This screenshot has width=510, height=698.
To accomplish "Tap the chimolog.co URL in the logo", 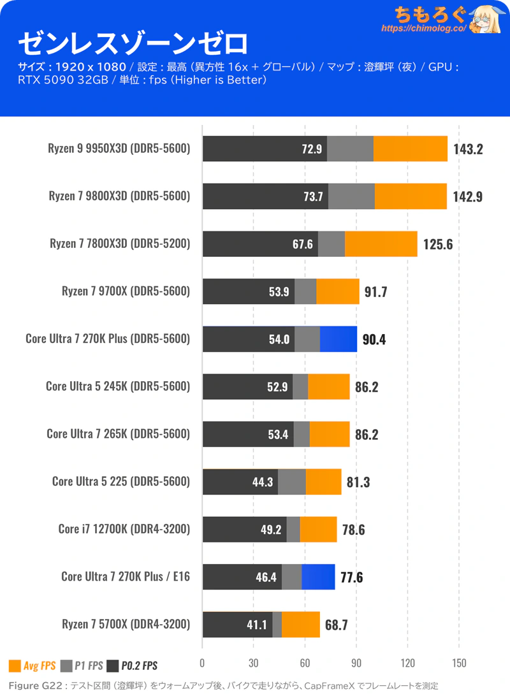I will tap(423, 29).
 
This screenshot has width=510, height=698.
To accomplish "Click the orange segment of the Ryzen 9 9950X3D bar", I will tap(410, 149).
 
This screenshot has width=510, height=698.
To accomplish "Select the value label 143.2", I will tap(468, 149).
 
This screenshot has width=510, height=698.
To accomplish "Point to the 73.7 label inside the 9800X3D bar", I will tap(312, 196).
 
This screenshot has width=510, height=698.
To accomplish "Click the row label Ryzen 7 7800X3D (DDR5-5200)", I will tap(120, 244).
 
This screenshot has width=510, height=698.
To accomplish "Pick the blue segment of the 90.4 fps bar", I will tap(338, 339).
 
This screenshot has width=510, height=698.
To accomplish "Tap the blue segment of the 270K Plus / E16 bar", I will tap(318, 577).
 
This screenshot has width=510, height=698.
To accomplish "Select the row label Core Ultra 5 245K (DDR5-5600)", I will tap(118, 386).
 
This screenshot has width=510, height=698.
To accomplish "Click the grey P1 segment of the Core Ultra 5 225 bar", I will tap(292, 482).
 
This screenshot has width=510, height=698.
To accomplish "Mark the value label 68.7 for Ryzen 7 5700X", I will tap(336, 625).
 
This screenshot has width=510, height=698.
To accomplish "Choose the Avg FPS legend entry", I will tap(32, 666).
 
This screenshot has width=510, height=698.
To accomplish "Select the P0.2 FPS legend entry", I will tap(132, 666).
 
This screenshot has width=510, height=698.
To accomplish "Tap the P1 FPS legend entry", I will tap(82, 666).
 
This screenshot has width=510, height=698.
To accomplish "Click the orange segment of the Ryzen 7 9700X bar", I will tap(337, 291).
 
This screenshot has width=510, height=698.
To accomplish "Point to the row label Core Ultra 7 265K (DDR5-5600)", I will tap(119, 434).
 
